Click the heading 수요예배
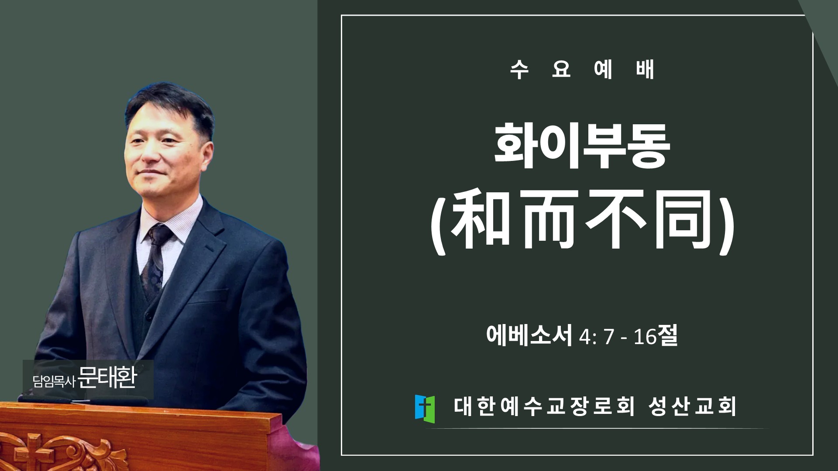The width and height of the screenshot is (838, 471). click(x=582, y=70)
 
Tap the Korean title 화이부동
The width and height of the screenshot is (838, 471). click(x=582, y=146)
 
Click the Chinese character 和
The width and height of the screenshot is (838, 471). click(x=481, y=219)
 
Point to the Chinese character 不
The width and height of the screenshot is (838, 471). click(x=616, y=219)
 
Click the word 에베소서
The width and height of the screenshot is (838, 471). click(x=529, y=335)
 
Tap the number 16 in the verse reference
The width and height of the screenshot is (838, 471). click(x=645, y=337)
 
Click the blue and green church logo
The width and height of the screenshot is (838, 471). click(x=425, y=409)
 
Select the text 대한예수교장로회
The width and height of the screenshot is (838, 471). click(x=544, y=406)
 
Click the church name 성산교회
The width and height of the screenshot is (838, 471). click(x=692, y=406)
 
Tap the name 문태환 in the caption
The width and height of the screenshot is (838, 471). click(x=107, y=378)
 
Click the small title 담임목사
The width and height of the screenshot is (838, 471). click(x=54, y=382)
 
